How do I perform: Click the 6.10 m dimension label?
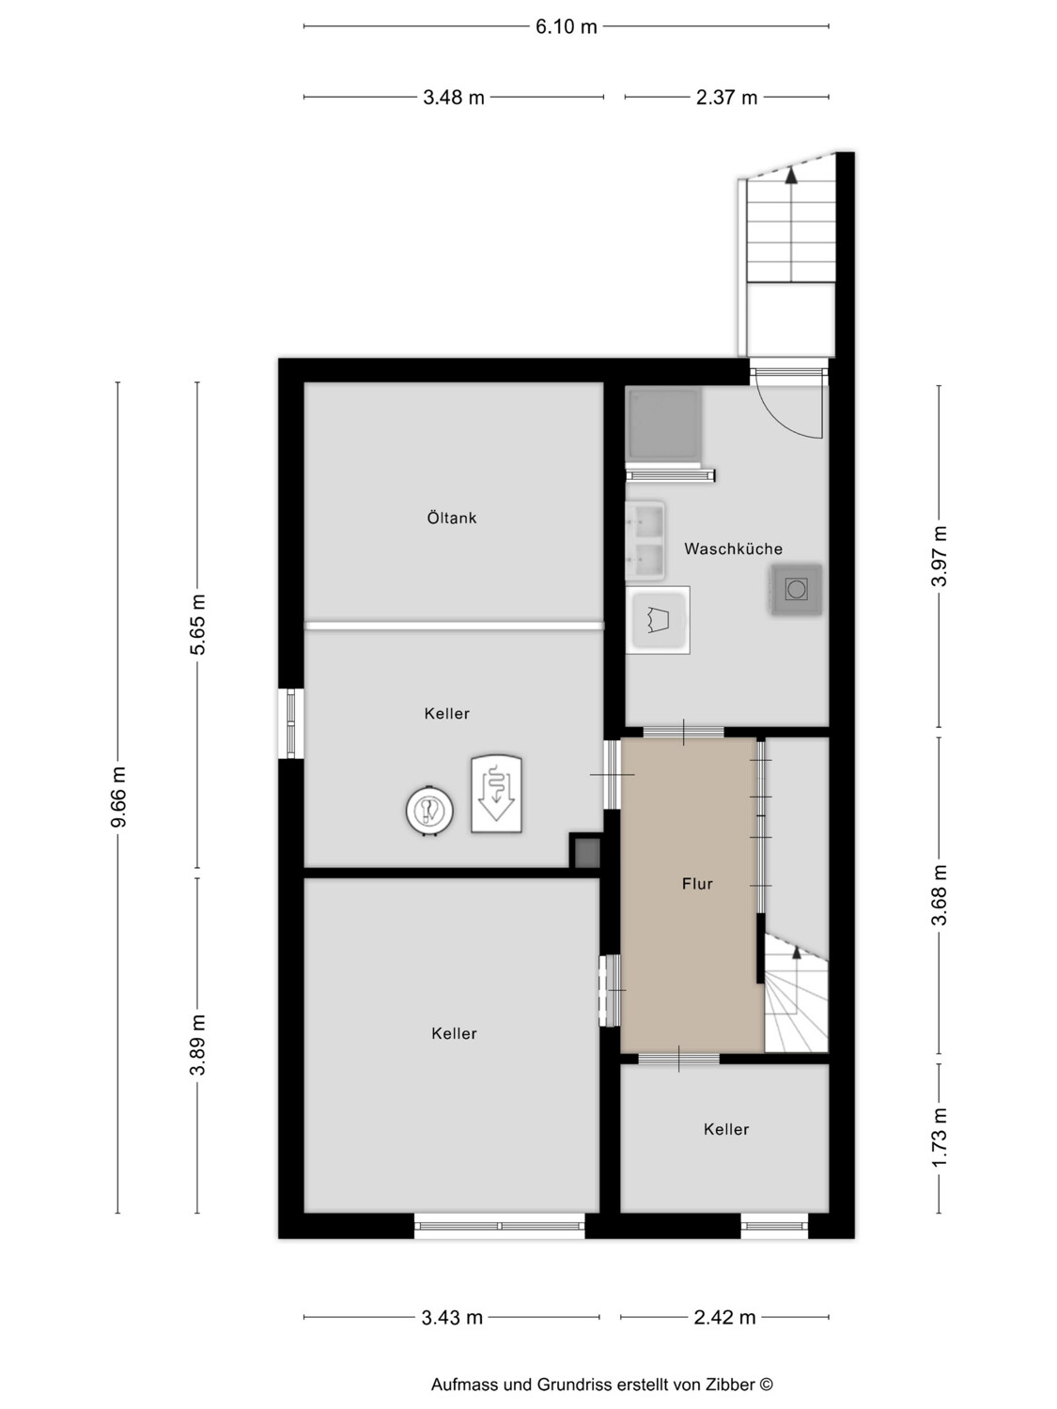tap(566, 27)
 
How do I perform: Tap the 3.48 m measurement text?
tap(453, 98)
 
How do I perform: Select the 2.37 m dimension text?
tap(726, 98)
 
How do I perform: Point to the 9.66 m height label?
tap(118, 797)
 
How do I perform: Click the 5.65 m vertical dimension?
tap(197, 625)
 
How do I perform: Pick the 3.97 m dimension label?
tap(939, 556)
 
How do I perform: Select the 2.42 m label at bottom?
tap(724, 1317)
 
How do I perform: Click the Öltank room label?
tap(452, 518)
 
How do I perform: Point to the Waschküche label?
tap(733, 549)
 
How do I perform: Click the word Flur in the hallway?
tap(697, 884)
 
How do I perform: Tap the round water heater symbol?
tap(430, 811)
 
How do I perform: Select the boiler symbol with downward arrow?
tap(496, 794)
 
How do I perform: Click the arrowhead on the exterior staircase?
tap(792, 176)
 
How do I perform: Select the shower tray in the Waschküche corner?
tap(663, 423)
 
